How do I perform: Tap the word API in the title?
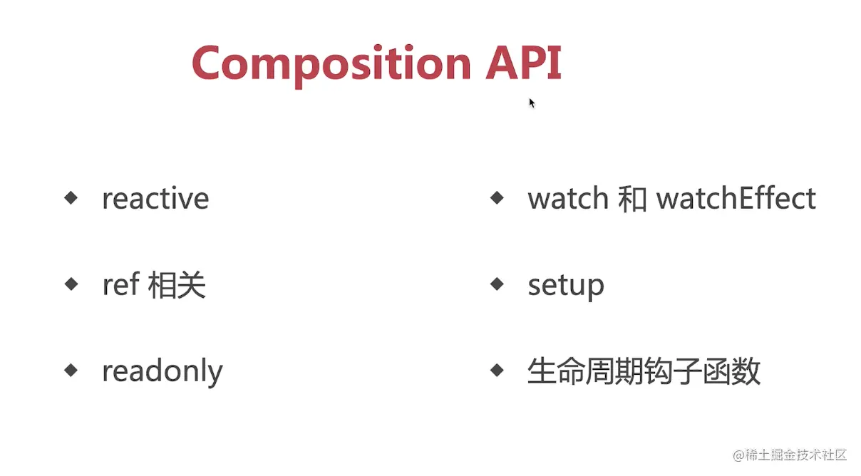coord(524,63)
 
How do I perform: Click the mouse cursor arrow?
coord(532,103)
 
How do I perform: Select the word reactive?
coord(155,198)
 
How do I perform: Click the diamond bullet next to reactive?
coord(71,198)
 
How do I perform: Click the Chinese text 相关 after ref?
coord(177,285)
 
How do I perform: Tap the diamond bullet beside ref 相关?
coord(71,284)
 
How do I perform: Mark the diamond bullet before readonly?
coord(71,371)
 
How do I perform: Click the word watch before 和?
coord(568,198)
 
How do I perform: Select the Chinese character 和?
coord(632,199)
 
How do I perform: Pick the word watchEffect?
coord(736,198)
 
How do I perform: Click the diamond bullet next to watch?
coord(497,198)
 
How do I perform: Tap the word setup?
coord(566,286)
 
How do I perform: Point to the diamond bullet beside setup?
coord(497,284)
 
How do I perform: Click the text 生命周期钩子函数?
coord(644,371)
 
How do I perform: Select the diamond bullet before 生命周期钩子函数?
coord(497,371)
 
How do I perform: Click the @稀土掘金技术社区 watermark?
coord(790,455)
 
